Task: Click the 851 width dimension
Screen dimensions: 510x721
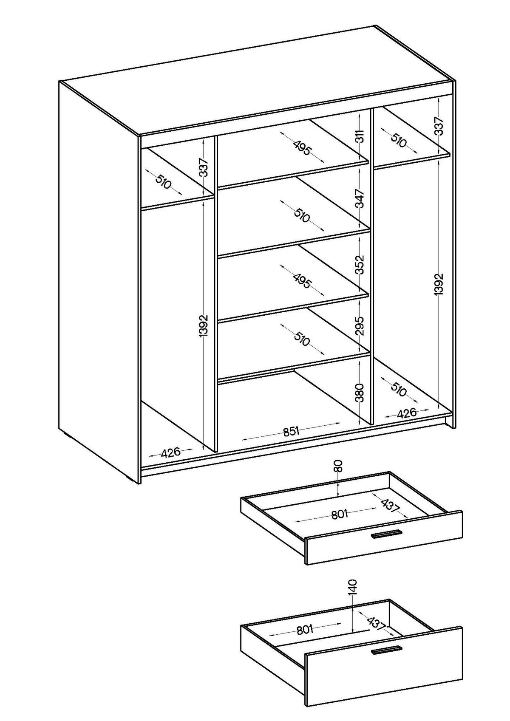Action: (292, 431)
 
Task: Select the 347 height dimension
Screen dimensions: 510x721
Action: (360, 198)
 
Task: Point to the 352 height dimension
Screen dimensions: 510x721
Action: (360, 265)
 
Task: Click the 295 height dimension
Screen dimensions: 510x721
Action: (360, 326)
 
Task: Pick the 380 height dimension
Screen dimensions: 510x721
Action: (360, 393)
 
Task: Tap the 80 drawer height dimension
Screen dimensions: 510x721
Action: (337, 466)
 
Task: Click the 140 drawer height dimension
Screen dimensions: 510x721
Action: (353, 586)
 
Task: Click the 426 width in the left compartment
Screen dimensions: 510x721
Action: (171, 452)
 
